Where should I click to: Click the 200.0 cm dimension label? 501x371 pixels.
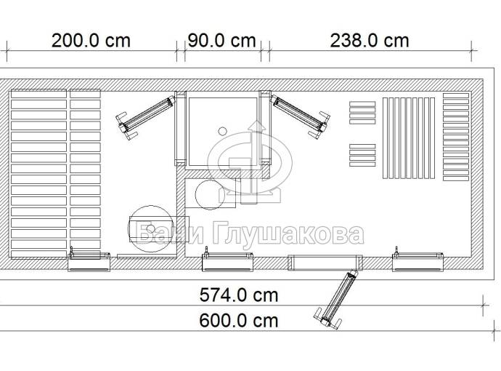(x=91, y=41)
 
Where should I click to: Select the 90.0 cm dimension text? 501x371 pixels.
(x=221, y=41)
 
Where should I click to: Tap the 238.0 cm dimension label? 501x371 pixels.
(x=370, y=41)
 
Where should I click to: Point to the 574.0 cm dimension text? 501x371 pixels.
(x=239, y=295)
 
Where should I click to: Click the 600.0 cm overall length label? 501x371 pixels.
(x=239, y=321)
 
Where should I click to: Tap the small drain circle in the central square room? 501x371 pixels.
(x=222, y=131)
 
